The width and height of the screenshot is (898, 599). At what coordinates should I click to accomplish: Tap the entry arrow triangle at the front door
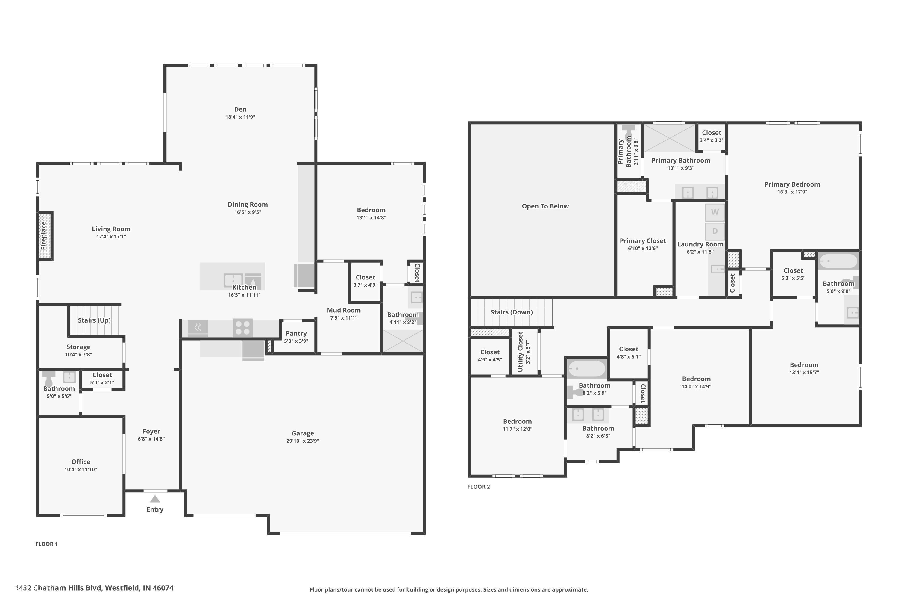click(x=155, y=499)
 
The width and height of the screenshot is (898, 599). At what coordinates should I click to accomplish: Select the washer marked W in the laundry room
click(x=715, y=212)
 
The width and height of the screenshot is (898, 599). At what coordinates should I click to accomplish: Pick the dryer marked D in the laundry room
click(x=715, y=231)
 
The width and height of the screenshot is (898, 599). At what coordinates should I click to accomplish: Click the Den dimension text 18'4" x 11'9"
click(x=240, y=117)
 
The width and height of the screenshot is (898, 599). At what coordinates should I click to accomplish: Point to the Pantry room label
click(x=296, y=334)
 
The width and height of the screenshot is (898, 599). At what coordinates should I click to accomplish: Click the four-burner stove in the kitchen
click(x=242, y=328)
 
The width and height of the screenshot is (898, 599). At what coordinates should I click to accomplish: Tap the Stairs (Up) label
click(x=94, y=320)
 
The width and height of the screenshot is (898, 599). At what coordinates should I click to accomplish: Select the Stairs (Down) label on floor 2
click(x=512, y=312)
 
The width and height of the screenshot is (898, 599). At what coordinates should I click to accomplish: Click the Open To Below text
click(x=545, y=206)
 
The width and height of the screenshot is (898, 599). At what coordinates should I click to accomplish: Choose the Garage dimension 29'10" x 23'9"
click(x=303, y=441)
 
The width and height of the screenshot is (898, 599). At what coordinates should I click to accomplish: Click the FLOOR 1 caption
click(x=47, y=544)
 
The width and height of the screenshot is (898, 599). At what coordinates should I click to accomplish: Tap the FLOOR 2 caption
click(x=478, y=487)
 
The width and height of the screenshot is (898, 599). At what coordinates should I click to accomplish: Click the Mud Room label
click(x=344, y=310)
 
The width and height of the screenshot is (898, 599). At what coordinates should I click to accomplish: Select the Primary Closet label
click(x=643, y=241)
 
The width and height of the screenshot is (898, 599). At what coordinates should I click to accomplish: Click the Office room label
click(x=81, y=462)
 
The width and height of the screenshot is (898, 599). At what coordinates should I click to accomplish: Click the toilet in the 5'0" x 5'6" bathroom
click(x=48, y=378)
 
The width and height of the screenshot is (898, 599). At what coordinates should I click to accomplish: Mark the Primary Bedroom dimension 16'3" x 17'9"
click(x=792, y=192)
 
